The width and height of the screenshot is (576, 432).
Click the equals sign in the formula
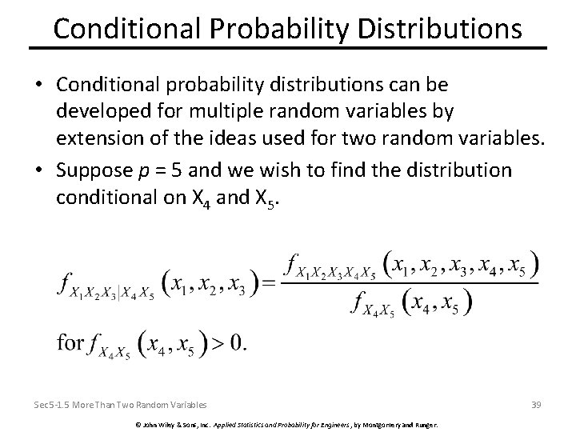268,282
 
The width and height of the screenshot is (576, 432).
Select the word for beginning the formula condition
70,343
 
